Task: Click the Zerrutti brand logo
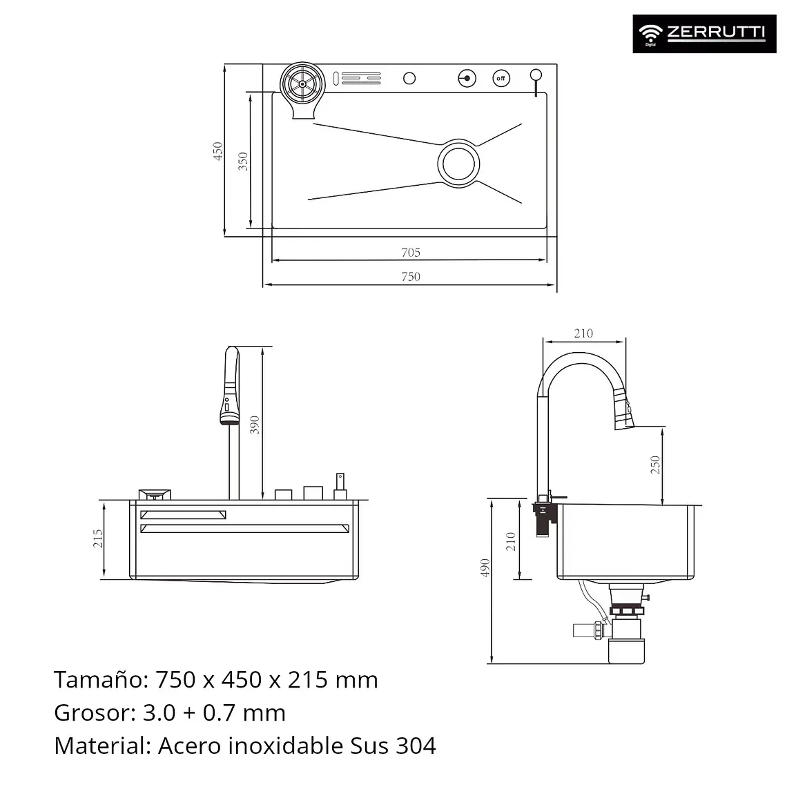704,34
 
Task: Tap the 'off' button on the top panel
501,78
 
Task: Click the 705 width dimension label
411,253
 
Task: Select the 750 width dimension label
411,277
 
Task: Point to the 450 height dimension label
217,151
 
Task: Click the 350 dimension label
242,161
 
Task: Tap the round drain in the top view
458,164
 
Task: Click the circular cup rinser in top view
302,84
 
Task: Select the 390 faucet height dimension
255,425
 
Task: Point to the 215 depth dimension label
98,538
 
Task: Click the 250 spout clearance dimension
655,465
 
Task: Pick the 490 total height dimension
485,567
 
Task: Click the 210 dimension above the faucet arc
583,333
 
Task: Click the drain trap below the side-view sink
625,624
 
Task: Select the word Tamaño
101,679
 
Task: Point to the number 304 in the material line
416,746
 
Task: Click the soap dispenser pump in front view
340,486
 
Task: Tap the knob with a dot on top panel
467,78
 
